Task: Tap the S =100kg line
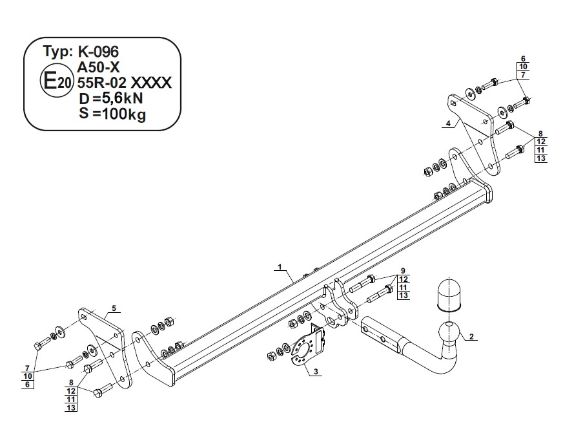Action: tap(111, 115)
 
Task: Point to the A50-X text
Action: tap(99, 67)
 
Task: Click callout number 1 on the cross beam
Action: tap(280, 267)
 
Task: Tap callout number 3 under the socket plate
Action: tap(315, 371)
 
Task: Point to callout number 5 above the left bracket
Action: tap(113, 308)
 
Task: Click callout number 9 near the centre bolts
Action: tap(402, 270)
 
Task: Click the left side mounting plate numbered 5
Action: tap(103, 343)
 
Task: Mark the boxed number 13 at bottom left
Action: tap(71, 407)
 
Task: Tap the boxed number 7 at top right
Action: tap(523, 76)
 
